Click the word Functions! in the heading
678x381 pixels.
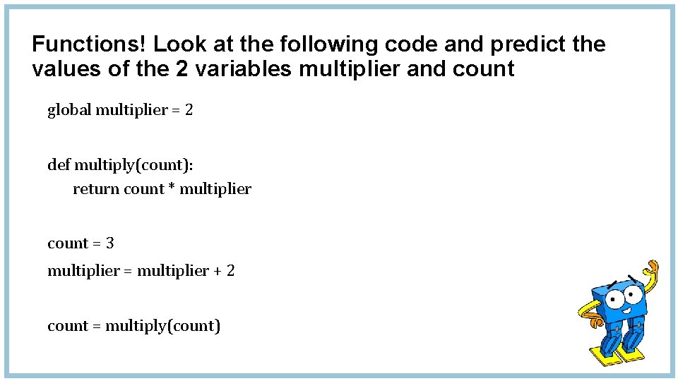pyautogui.click(x=90, y=44)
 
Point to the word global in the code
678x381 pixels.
pyautogui.click(x=69, y=110)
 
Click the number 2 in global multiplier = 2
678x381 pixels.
pyautogui.click(x=189, y=110)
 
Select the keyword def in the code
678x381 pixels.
pyautogui.click(x=58, y=165)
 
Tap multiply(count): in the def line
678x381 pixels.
pyautogui.click(x=134, y=166)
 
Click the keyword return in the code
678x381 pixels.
pyautogui.click(x=96, y=189)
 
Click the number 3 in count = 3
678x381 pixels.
pyautogui.click(x=109, y=243)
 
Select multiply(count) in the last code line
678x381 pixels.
pyautogui.click(x=162, y=327)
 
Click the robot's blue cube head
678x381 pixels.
pyautogui.click(x=620, y=296)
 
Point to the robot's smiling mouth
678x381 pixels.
pyautogui.click(x=626, y=308)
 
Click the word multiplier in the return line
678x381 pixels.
pyautogui.click(x=215, y=189)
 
